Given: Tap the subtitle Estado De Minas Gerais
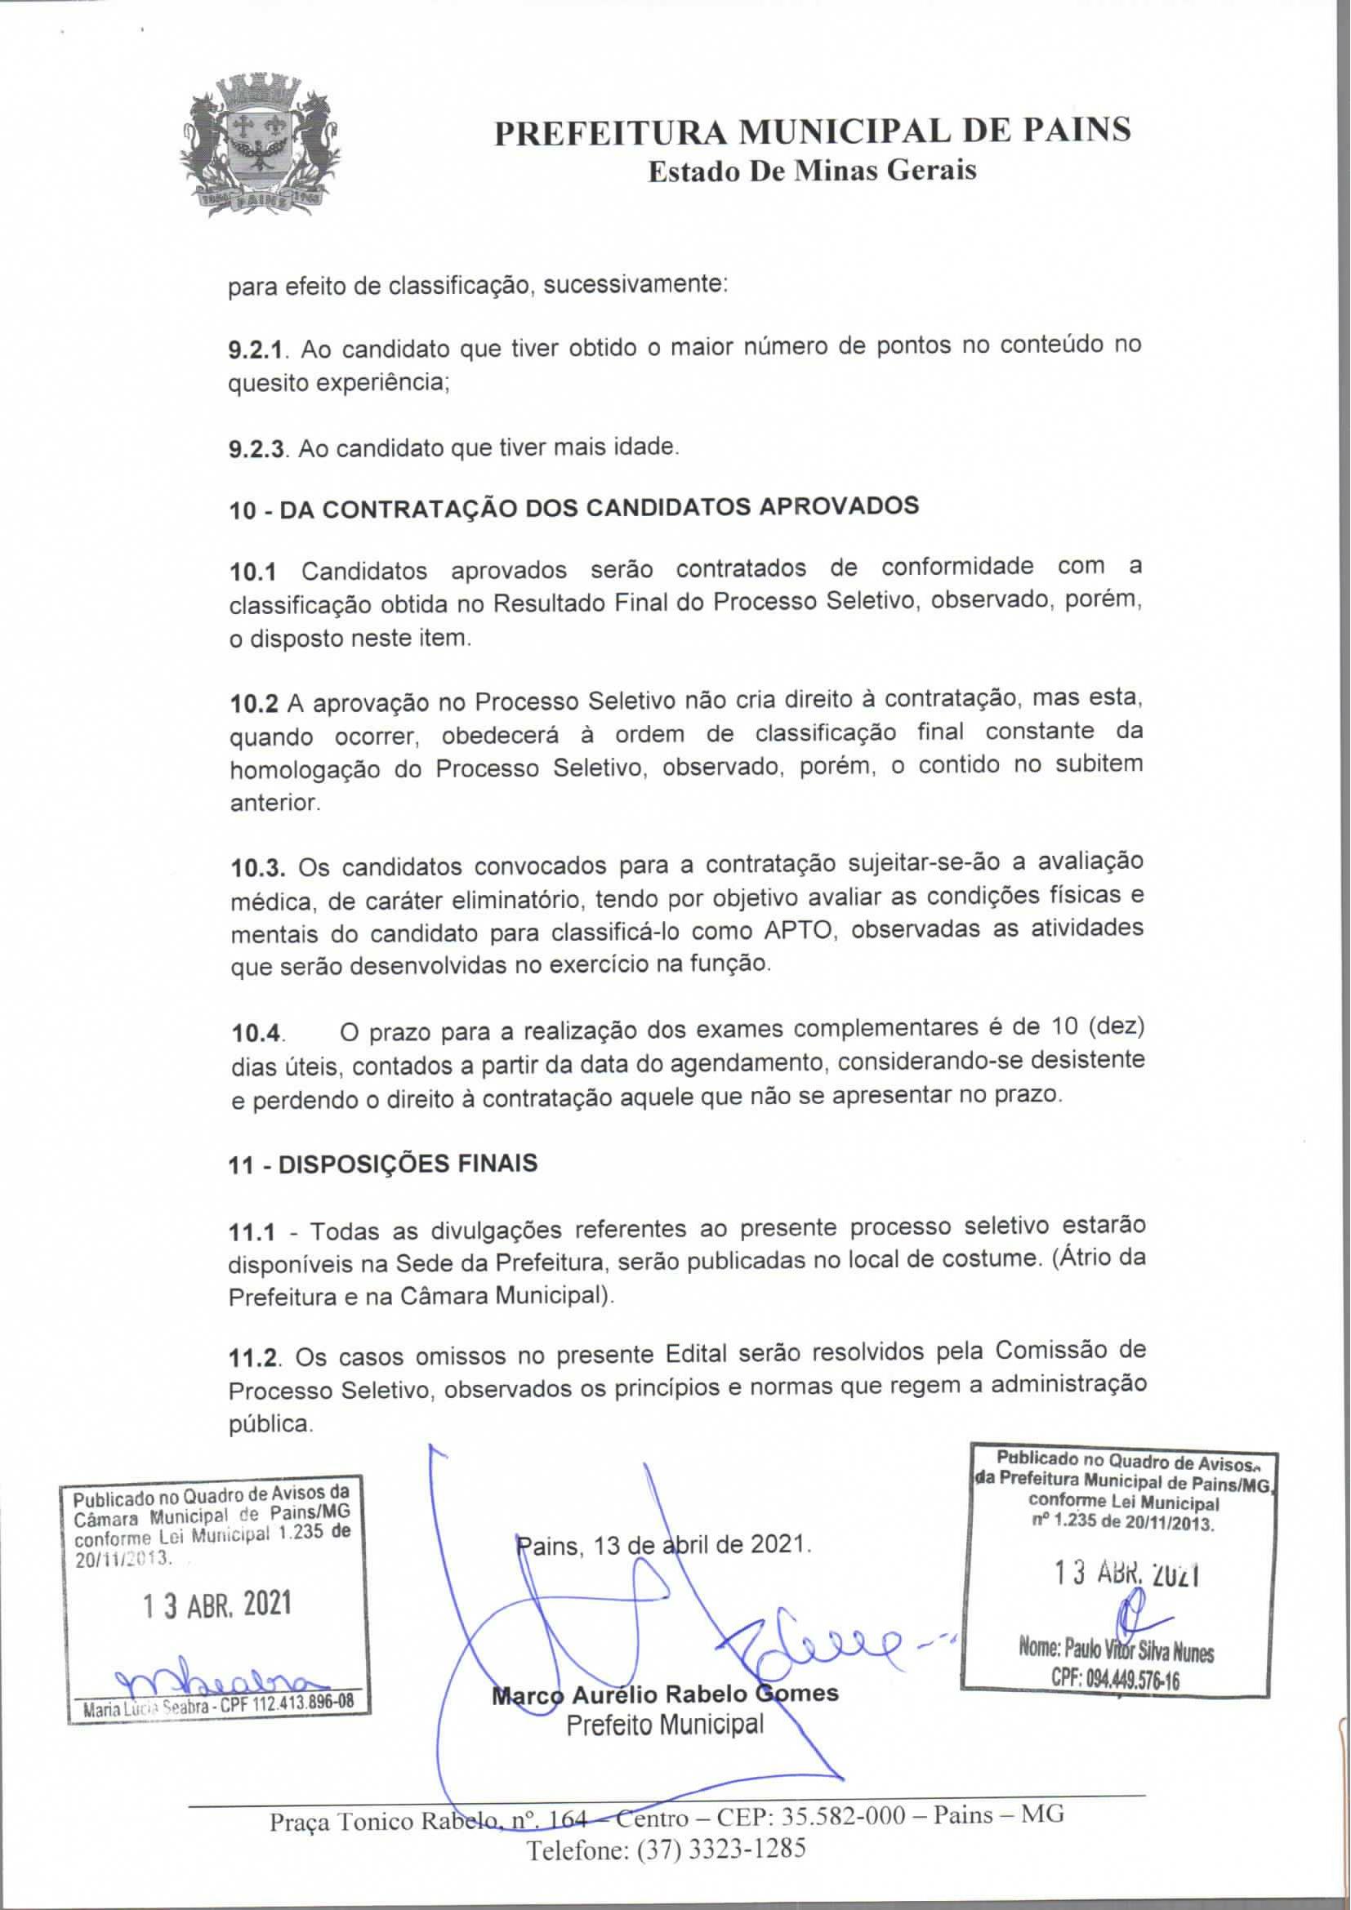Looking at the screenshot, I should [x=811, y=171].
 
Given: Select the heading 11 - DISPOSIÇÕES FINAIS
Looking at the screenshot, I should [x=382, y=1163].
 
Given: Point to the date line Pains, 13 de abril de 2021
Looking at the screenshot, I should [x=663, y=1545].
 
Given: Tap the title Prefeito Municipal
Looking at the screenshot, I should [x=665, y=1724].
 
